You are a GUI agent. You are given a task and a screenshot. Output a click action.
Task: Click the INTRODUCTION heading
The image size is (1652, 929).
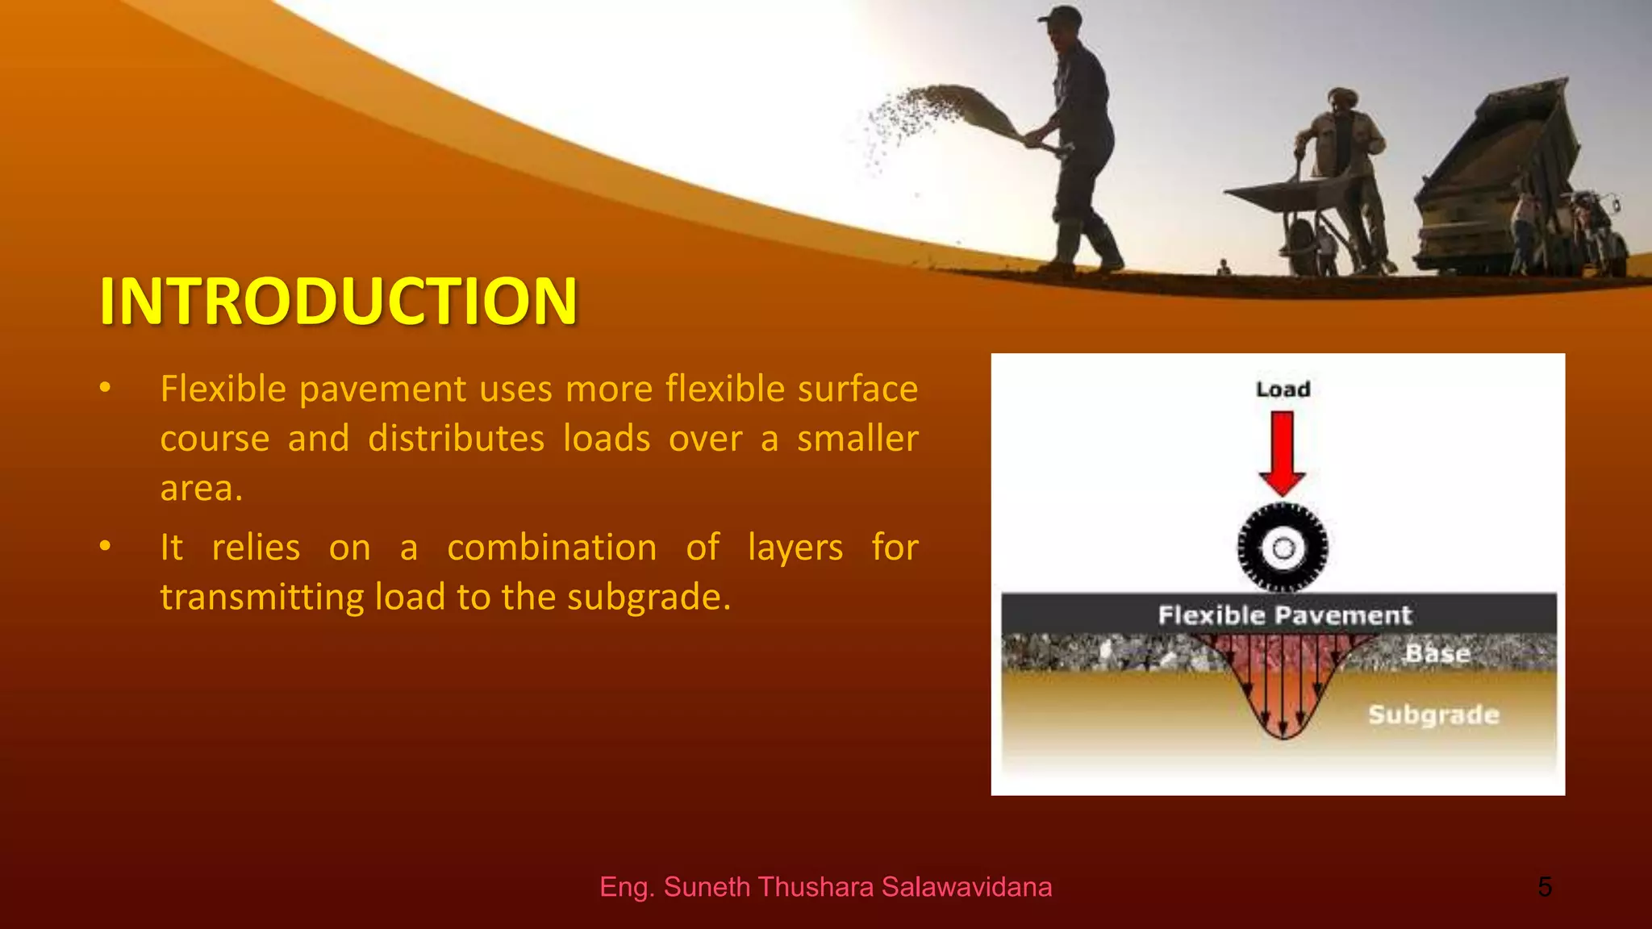(x=338, y=302)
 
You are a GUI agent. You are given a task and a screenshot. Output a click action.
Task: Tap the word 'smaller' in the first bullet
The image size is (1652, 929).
(x=857, y=439)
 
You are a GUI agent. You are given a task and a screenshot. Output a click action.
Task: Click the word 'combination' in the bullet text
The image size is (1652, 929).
(x=552, y=548)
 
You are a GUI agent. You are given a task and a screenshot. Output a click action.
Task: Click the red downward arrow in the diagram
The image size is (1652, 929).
(x=1283, y=452)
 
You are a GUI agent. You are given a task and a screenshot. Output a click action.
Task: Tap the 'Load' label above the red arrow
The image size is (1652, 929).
(x=1283, y=390)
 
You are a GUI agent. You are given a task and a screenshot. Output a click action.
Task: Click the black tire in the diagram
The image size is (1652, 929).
(x=1283, y=548)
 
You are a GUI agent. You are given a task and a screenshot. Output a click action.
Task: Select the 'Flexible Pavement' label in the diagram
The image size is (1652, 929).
(x=1284, y=615)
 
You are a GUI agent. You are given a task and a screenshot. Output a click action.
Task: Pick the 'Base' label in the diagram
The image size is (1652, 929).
(x=1437, y=652)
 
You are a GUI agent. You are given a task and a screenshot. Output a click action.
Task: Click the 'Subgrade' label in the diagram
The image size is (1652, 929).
(x=1433, y=714)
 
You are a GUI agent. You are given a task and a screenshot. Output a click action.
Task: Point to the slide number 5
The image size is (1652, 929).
(x=1544, y=887)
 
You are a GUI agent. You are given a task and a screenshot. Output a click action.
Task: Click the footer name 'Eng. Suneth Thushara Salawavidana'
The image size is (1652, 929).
(x=825, y=887)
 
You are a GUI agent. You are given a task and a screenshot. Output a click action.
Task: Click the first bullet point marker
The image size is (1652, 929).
(x=105, y=389)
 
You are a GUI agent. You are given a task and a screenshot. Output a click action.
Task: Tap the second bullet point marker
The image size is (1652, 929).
(x=105, y=547)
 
